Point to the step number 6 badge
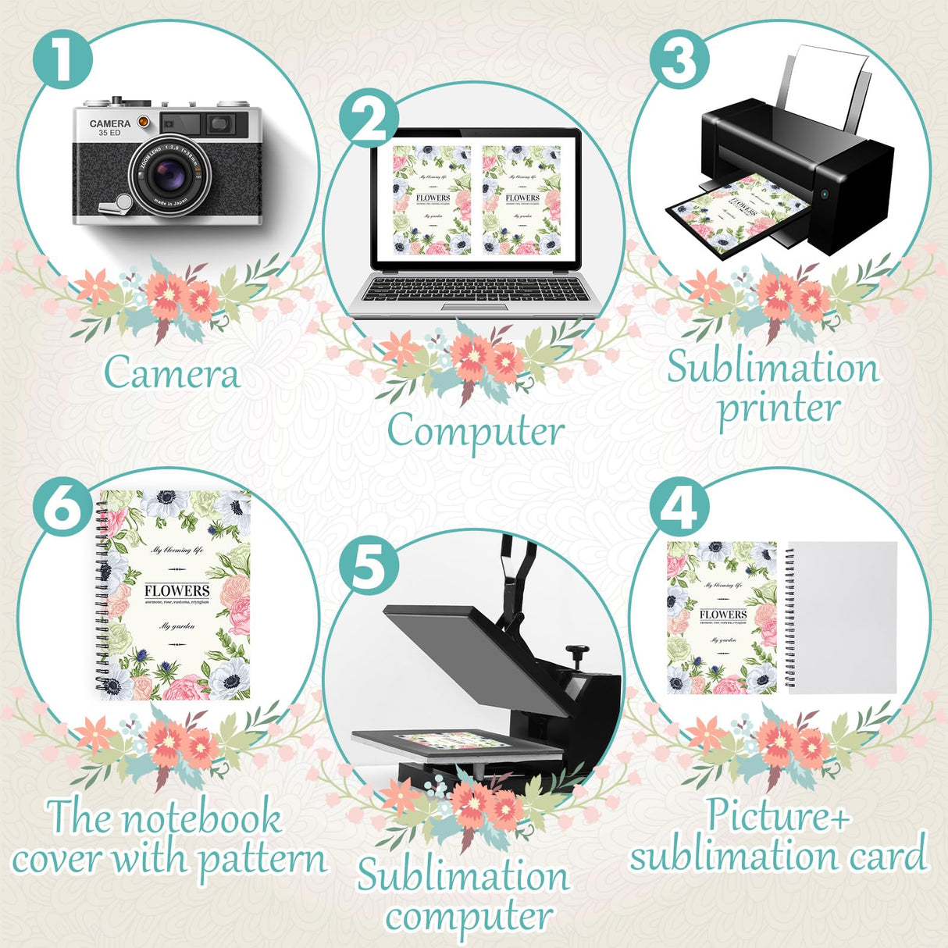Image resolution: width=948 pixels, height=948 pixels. pos(63,508)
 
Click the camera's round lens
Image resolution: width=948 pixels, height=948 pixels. pos(168,176)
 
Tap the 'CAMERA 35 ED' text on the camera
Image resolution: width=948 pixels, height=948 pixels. pos(109,128)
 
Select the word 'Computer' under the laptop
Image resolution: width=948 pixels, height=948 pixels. pos(475,432)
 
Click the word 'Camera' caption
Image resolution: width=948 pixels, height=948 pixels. pos(171,373)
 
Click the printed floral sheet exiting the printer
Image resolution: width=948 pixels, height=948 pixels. pos(734,219)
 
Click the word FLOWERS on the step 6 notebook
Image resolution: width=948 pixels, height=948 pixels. pos(177,591)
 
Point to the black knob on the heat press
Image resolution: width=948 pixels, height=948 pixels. pos(577,651)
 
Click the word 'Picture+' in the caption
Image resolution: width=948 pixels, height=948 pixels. pos(778,815)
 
